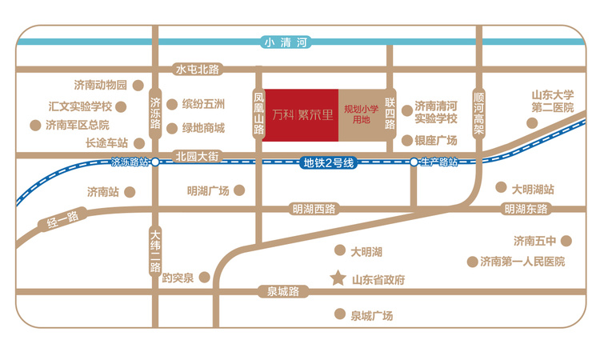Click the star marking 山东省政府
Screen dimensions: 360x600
point(338,280)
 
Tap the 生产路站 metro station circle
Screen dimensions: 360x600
point(414,162)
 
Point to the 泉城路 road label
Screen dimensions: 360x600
point(282,292)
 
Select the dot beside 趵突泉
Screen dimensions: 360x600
point(206,278)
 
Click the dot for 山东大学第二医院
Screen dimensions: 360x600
point(531,122)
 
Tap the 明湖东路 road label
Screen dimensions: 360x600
point(526,210)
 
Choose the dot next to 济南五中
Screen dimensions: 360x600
point(565,240)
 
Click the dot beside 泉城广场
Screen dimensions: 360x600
point(341,315)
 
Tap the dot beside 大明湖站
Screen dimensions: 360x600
point(502,189)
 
